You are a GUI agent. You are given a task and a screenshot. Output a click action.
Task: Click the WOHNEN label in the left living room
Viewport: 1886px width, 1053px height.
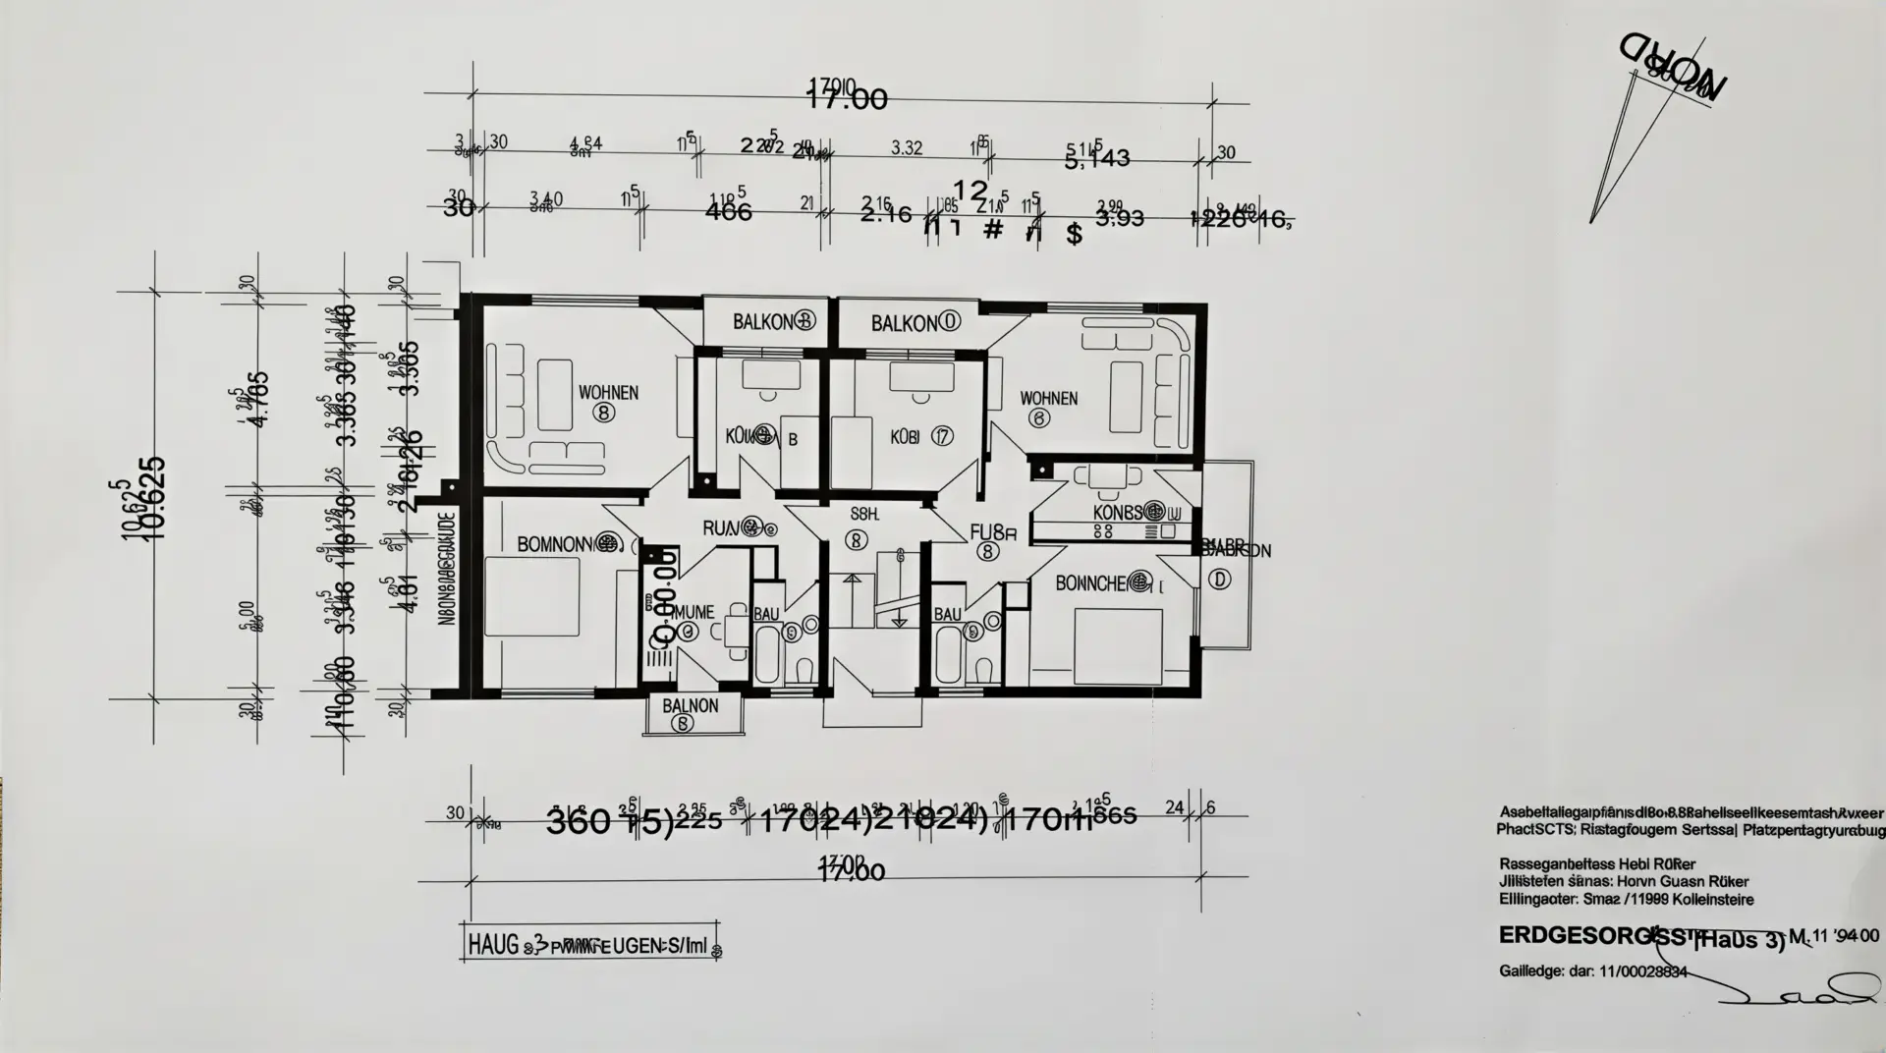(x=608, y=393)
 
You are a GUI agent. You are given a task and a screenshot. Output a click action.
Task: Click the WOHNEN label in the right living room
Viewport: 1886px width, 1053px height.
(x=1048, y=399)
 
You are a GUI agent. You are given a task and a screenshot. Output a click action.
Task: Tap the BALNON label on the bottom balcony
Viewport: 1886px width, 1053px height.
(x=690, y=706)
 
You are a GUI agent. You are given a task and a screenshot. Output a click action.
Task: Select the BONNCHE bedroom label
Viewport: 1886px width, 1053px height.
(x=1090, y=583)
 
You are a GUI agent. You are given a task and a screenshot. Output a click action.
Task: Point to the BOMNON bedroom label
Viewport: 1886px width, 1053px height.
(x=554, y=543)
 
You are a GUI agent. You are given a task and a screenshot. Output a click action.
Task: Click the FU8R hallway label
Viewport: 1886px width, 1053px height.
(x=992, y=533)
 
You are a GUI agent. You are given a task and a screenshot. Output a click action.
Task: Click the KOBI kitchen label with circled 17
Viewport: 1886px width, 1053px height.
(x=905, y=436)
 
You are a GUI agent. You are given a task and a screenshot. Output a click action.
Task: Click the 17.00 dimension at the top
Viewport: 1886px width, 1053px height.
(x=846, y=98)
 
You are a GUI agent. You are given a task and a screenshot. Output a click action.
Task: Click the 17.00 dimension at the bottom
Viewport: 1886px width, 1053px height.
(x=852, y=870)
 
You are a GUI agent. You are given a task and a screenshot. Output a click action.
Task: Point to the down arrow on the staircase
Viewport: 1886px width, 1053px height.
(x=898, y=619)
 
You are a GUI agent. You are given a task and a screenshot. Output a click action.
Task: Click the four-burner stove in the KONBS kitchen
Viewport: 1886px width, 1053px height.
(x=1102, y=530)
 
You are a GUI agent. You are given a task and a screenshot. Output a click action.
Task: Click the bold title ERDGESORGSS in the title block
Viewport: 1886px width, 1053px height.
(x=1593, y=936)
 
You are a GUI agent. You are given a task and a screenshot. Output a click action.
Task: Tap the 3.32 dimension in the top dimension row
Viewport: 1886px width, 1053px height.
(x=906, y=148)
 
